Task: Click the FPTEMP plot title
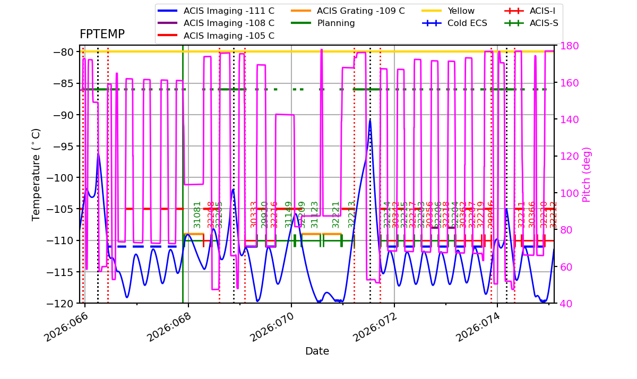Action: tap(102, 35)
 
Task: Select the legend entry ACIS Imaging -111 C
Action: tap(229, 11)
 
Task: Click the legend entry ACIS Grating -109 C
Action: tap(360, 11)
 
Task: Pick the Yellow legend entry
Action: tap(461, 11)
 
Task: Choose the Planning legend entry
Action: tap(336, 23)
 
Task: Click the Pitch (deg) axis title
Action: tap(587, 175)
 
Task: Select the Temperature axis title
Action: tap(36, 174)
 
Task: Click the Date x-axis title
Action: tap(317, 351)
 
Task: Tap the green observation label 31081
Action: tap(197, 214)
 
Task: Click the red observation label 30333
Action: tap(254, 214)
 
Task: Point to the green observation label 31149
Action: tap(289, 214)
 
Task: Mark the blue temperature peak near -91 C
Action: tap(370, 120)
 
